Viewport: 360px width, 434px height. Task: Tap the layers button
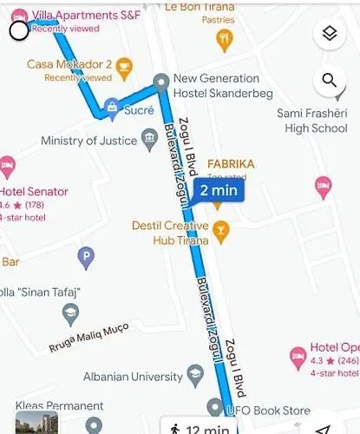pos(329,35)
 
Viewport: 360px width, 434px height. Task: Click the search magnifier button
pos(329,82)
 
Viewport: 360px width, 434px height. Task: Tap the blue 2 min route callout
pos(218,191)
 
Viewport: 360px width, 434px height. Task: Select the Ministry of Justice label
pos(85,141)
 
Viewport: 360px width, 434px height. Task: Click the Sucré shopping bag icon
pos(111,108)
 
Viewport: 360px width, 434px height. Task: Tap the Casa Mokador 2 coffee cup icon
pos(124,65)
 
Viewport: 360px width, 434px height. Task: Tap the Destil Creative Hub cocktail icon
pos(221,229)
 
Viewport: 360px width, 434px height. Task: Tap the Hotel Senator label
pos(34,192)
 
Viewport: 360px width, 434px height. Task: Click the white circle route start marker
pos(19,31)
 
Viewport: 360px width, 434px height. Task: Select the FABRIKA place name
pos(230,164)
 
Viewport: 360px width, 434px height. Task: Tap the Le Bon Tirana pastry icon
pos(225,39)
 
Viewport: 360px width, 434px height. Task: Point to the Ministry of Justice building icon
pos(150,141)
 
